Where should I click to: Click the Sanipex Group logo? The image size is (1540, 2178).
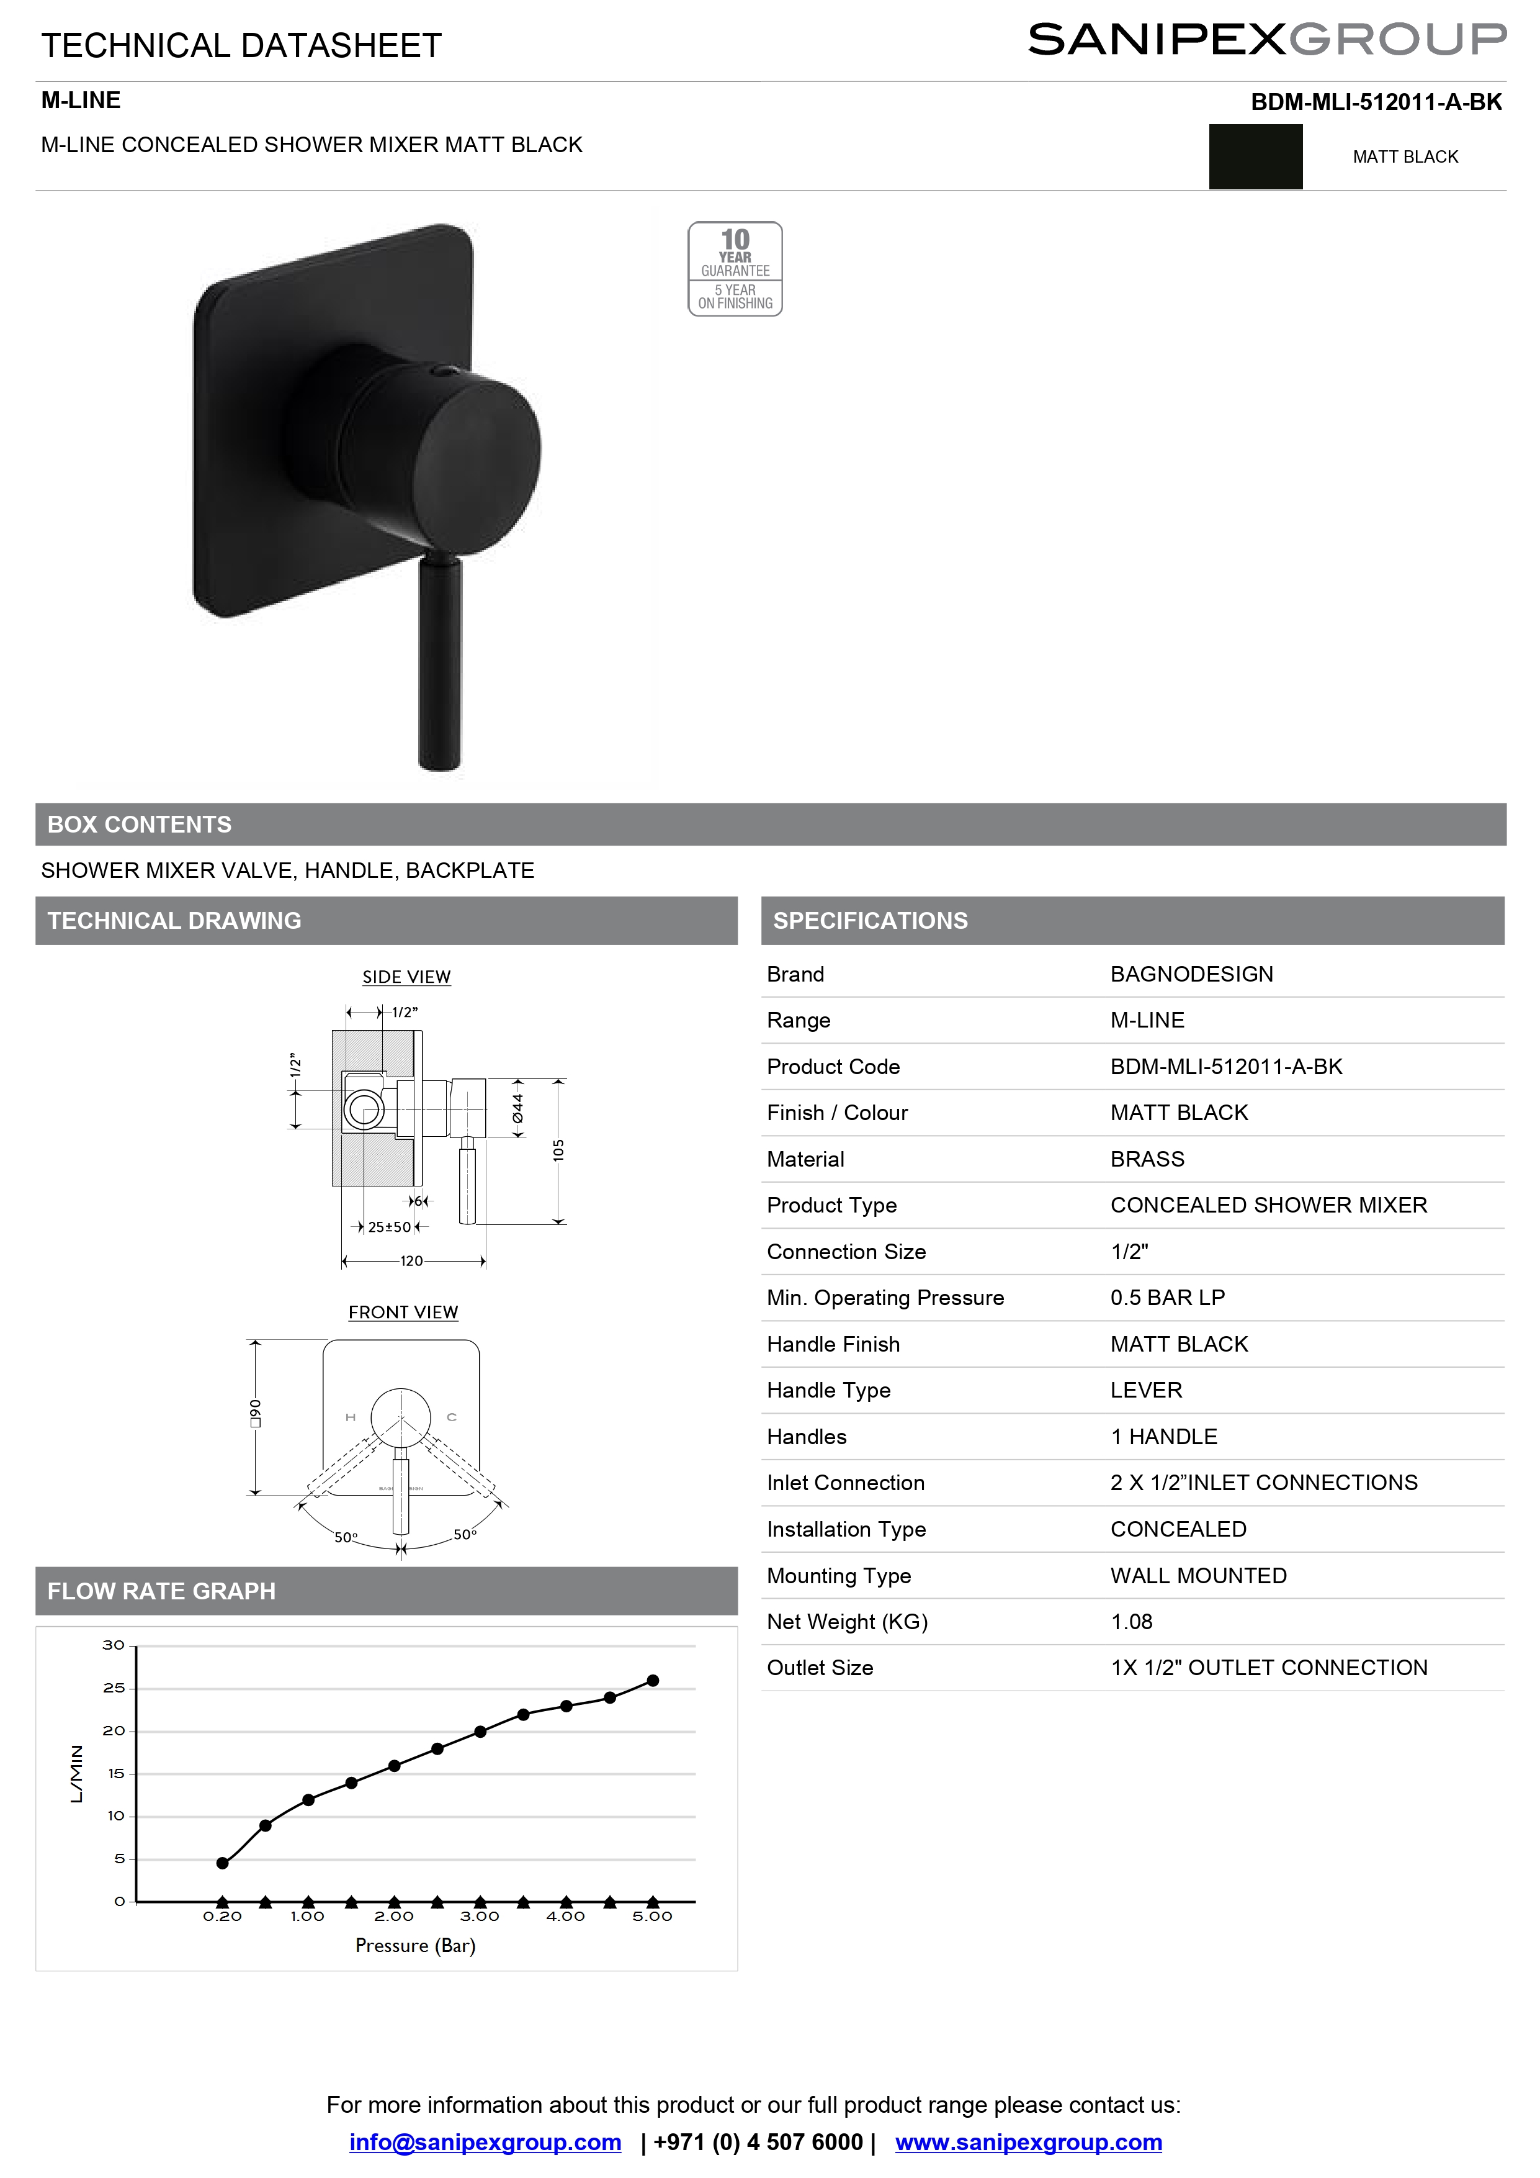(1267, 40)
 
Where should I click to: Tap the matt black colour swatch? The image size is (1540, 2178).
(1256, 156)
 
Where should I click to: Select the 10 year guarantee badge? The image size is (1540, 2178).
(735, 268)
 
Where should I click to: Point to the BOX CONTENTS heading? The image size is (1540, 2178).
(140, 825)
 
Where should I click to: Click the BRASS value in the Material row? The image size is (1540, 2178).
(1147, 1159)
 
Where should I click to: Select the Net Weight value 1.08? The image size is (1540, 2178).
(1131, 1622)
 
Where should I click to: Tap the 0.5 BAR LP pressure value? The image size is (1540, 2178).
(1167, 1298)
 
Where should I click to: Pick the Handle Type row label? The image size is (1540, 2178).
(829, 1391)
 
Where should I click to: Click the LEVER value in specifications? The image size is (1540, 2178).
(1145, 1391)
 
